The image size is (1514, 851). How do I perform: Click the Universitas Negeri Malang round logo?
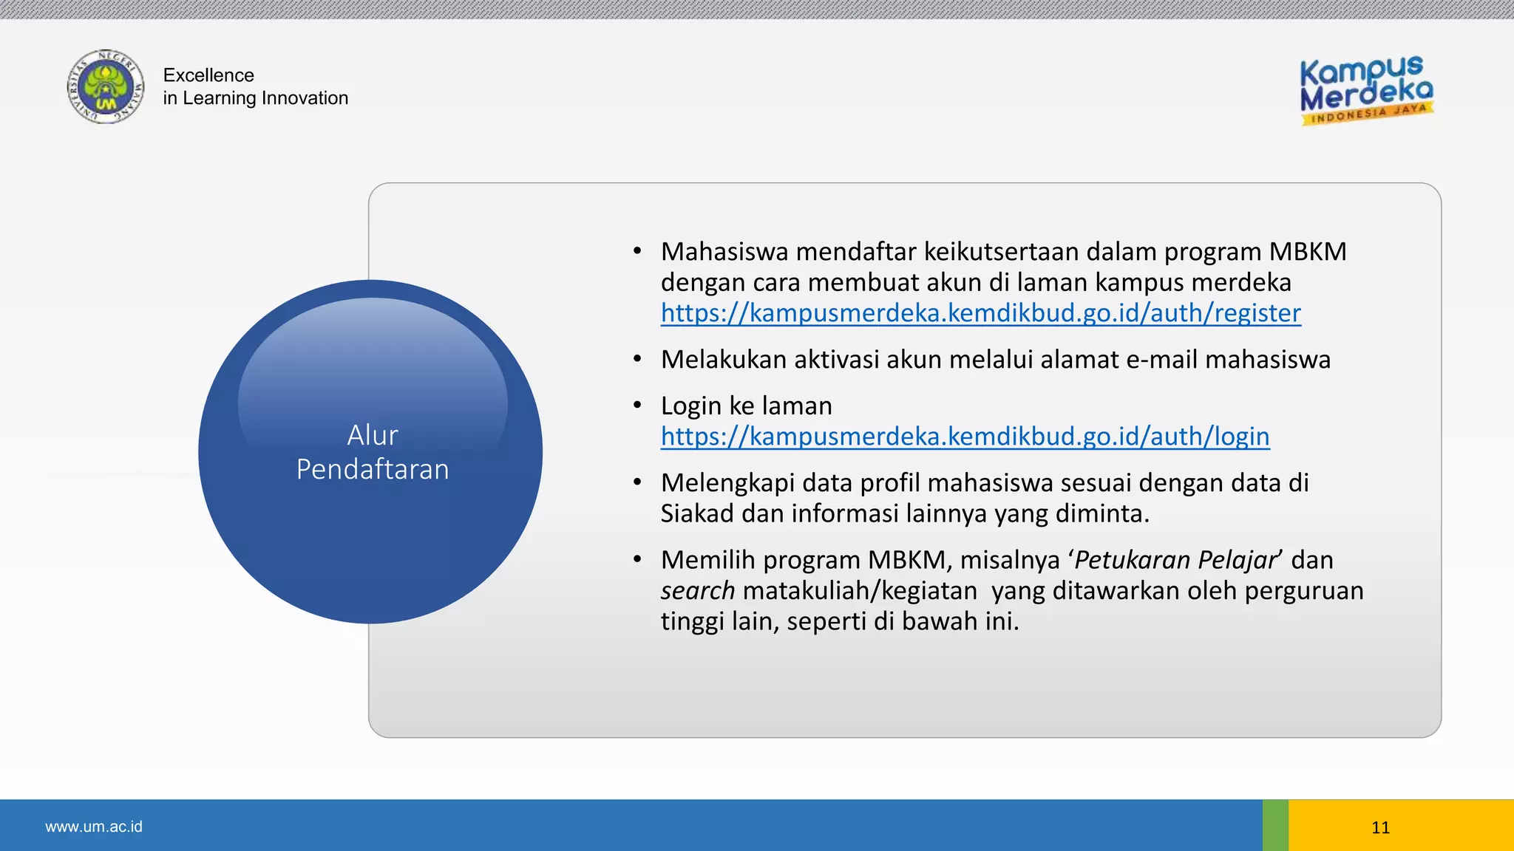point(106,87)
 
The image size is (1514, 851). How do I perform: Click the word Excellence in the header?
point(208,75)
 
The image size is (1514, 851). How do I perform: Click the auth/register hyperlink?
point(980,313)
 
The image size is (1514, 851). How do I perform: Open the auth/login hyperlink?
point(965,437)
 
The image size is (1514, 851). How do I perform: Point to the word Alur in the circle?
point(373,435)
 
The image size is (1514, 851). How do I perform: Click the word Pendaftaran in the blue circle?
point(373,470)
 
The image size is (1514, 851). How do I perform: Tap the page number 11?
point(1380,827)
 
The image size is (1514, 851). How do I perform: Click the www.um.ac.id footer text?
point(94,827)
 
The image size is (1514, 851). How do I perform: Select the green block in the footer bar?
point(1275,825)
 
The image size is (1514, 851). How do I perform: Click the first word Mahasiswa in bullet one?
point(724,252)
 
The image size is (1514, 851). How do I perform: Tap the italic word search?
point(697,591)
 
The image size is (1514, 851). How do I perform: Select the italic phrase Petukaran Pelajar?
point(1175,560)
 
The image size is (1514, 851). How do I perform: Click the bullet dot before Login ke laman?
point(637,406)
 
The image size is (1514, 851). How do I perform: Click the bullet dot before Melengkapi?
point(637,482)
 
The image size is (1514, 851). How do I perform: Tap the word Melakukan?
point(724,360)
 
